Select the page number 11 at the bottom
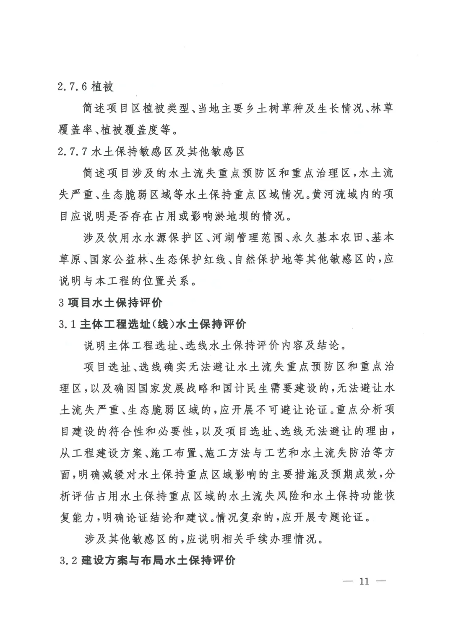point(363,581)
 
